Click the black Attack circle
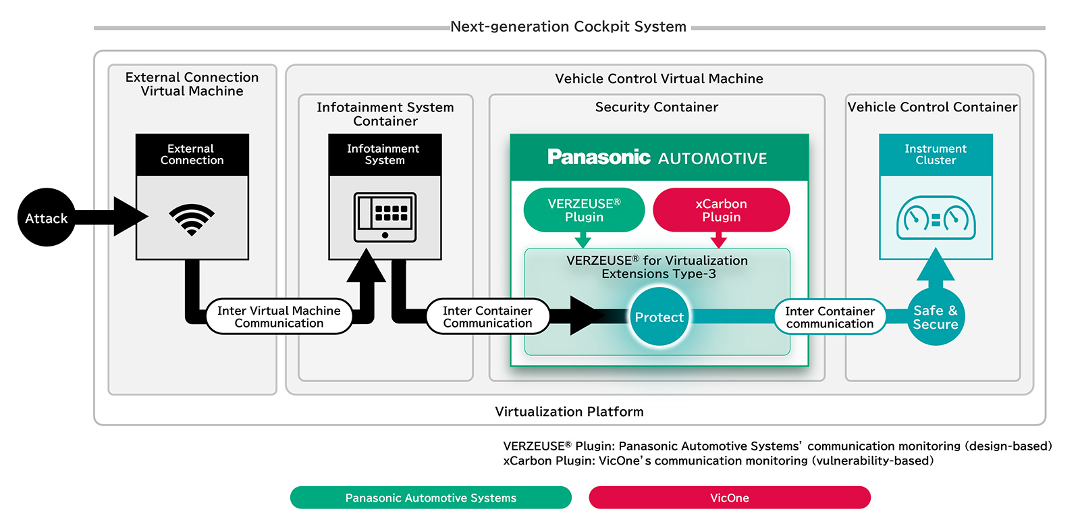pos(46,217)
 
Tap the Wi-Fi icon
pos(192,219)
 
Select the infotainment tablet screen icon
pos(385,217)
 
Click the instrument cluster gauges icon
pos(936,218)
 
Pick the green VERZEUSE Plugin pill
pos(584,210)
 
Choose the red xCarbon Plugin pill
pos(721,210)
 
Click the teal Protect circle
pos(659,317)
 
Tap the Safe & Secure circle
pos(935,317)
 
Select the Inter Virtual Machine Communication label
pos(279,317)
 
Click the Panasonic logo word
pos(598,157)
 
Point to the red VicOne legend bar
pos(729,498)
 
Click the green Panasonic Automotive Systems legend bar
pos(431,498)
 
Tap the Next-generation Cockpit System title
pos(568,27)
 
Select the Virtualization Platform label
pos(569,412)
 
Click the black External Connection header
pos(192,155)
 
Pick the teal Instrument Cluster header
pos(936,155)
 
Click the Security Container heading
pos(656,107)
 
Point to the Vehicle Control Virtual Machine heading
pos(659,79)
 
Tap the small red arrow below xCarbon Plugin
pos(719,240)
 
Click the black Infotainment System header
pos(385,155)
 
